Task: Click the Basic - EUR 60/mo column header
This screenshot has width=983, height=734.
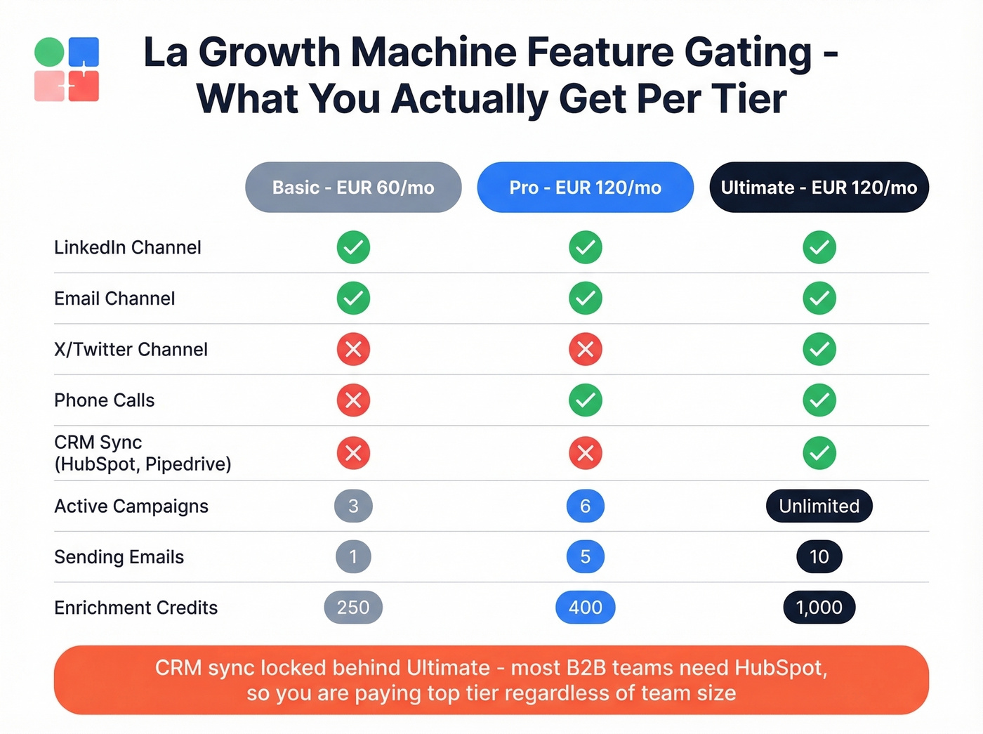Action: point(353,188)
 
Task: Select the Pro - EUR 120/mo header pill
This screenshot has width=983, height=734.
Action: point(585,188)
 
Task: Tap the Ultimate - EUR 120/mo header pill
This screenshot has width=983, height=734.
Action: point(819,188)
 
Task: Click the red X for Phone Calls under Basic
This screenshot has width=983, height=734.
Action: point(353,400)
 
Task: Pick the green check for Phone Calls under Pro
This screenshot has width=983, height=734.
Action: point(586,400)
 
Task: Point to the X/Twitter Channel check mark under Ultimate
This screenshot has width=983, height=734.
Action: point(819,349)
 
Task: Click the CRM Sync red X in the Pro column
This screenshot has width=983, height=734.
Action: point(586,453)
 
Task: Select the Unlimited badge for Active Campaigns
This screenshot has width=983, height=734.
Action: point(819,506)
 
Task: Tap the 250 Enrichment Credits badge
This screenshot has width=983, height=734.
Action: point(353,608)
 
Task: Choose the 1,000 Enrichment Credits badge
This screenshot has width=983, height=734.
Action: point(819,608)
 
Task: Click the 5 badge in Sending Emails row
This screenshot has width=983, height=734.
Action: point(586,557)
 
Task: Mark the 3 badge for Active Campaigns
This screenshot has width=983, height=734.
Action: point(353,506)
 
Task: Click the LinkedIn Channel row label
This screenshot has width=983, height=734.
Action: point(128,247)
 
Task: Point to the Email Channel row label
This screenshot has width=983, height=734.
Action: point(114,299)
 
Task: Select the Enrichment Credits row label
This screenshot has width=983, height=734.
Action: point(136,608)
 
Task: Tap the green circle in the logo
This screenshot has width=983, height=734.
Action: point(49,52)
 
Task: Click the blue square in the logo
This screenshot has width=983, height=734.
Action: point(84,51)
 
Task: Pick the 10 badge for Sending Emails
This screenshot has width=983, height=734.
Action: point(819,557)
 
